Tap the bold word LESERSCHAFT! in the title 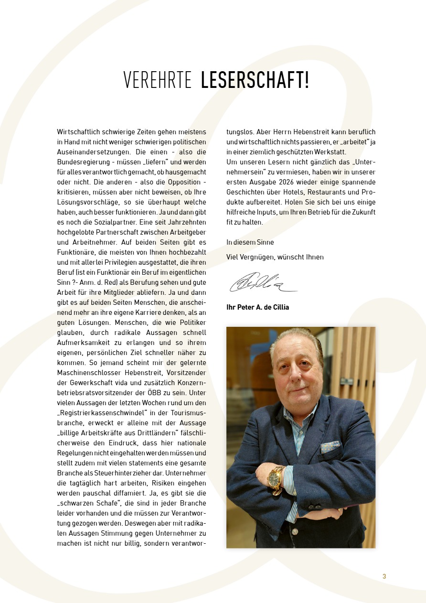click(255, 80)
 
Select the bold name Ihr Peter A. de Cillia click(257, 307)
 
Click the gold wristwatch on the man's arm click(276, 477)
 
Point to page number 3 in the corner click(384, 576)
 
